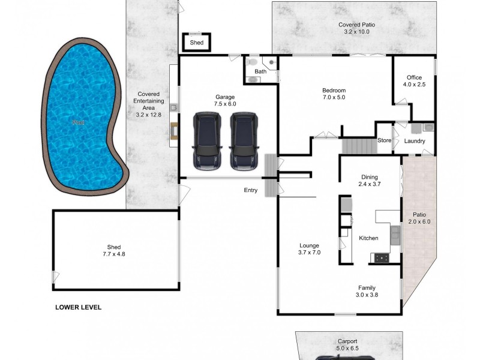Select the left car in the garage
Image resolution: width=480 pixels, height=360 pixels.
pos(206,140)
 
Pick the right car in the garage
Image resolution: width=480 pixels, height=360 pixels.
pos(244,140)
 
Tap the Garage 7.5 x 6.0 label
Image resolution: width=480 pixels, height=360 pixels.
pos(225,100)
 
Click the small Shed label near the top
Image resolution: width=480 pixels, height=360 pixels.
pos(196,43)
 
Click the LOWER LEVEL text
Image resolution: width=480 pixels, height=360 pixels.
pos(78,307)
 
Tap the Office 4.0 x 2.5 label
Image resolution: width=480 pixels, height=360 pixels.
pos(414,81)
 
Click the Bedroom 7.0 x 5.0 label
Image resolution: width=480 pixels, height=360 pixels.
pos(334,94)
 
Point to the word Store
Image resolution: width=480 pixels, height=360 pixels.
pos(384,141)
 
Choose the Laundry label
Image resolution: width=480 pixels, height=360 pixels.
pos(415,142)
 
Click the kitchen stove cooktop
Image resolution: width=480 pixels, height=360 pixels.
pos(381,258)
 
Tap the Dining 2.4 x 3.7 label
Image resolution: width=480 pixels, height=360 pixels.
pos(369,181)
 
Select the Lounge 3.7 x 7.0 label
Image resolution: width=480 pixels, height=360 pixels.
pos(310,249)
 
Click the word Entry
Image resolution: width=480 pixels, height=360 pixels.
pos(250,190)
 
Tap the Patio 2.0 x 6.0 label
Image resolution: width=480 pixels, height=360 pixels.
pos(419,218)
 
